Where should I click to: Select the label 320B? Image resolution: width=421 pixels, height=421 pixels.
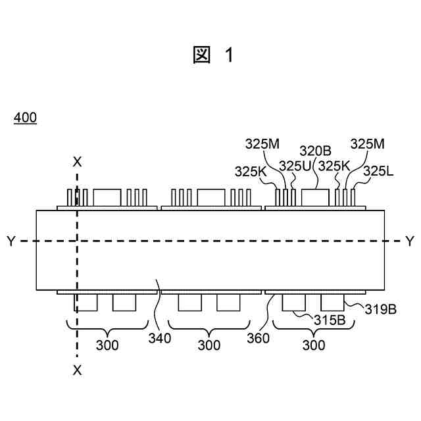(315, 151)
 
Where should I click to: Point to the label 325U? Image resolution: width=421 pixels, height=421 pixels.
(294, 166)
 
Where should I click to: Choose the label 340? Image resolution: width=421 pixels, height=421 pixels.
(160, 338)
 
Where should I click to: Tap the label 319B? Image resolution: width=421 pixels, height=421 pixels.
(381, 309)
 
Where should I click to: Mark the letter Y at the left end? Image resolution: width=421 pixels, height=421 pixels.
(10, 241)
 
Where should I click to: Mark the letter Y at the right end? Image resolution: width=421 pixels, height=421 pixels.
(410, 241)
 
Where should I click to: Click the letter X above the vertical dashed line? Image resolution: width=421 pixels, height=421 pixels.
(78, 161)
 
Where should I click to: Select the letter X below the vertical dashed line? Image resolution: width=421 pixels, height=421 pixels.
(78, 370)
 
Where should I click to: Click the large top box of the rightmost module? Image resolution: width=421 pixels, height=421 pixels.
(316, 197)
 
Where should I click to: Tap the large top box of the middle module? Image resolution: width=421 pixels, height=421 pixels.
(211, 197)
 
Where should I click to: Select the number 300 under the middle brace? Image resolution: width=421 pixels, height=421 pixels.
(209, 345)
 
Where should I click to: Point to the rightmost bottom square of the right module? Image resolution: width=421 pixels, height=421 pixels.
(333, 302)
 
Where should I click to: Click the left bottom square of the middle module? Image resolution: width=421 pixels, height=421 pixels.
(189, 302)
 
